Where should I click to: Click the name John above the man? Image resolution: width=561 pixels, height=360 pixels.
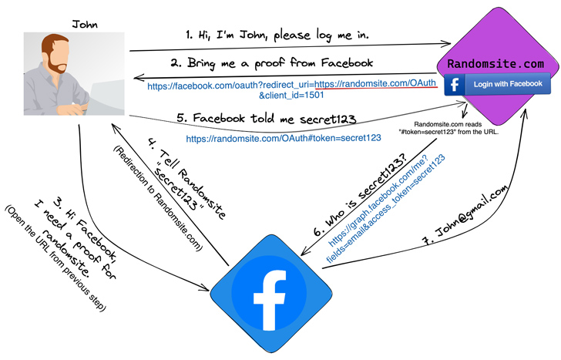tap(85, 25)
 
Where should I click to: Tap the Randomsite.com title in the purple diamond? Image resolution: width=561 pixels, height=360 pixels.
tap(495, 64)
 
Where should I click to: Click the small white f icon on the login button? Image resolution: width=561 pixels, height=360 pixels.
tap(455, 85)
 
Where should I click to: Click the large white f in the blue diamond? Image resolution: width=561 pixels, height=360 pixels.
tap(270, 300)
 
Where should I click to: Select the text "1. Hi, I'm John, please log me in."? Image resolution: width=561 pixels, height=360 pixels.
tap(277, 35)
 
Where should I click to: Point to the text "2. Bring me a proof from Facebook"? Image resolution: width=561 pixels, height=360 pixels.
tap(271, 63)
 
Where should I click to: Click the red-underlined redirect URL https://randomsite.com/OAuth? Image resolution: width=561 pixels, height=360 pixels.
tap(375, 83)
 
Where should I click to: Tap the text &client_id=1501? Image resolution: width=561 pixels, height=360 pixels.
tap(291, 95)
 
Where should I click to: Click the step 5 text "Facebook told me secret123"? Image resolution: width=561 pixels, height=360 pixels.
tap(267, 118)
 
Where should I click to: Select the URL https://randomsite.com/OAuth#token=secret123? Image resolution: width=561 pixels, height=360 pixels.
tap(284, 138)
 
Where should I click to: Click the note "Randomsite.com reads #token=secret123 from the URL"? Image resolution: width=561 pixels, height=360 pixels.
tap(448, 128)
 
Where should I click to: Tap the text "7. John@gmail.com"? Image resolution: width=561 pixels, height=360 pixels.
tap(465, 215)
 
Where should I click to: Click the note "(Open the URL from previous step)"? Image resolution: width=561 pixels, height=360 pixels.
tap(55, 258)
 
